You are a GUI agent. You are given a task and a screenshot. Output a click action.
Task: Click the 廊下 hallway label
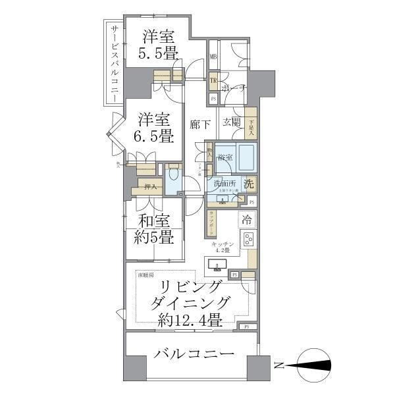tap(199, 123)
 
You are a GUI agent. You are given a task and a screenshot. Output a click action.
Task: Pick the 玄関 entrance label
tap(231, 122)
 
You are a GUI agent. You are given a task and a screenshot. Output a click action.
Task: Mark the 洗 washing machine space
tap(249, 185)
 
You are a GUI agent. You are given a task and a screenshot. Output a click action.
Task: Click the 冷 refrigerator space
tap(248, 218)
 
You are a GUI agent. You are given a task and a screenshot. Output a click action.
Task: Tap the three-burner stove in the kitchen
tap(249, 239)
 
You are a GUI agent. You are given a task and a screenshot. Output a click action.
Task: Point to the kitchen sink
tap(217, 266)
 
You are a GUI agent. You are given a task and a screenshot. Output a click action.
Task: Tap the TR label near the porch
tap(213, 81)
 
